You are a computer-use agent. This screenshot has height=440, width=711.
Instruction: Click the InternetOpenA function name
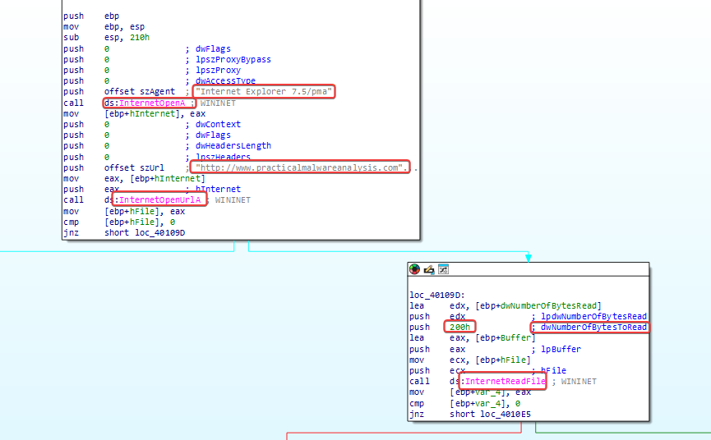pos(152,103)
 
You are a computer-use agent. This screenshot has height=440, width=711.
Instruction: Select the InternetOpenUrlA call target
pos(159,200)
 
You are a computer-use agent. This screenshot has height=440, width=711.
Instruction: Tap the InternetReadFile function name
pos(506,382)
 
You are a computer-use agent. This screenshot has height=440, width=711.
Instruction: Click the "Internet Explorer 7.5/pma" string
pos(264,92)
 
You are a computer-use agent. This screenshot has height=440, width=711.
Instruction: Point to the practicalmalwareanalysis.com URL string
pos(299,168)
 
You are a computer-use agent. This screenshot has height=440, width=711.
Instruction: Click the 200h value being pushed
pos(459,328)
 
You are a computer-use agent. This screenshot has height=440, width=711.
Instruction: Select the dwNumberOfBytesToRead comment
pos(593,328)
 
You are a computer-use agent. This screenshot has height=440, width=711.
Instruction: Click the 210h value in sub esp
pos(140,38)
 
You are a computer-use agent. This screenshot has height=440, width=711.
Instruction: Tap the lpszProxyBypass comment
pos(233,60)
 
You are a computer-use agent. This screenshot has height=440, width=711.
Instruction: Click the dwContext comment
pos(218,125)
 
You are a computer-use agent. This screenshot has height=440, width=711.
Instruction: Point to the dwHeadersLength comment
pos(233,146)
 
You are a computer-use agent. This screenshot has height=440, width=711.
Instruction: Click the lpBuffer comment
pos(561,350)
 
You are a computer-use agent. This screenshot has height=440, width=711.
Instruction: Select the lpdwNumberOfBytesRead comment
pos(593,316)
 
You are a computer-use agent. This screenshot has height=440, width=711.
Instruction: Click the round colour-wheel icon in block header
pos(414,269)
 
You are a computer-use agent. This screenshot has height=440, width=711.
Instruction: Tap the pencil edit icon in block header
pos(429,270)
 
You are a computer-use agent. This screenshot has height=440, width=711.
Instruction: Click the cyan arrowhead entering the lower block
pos(529,258)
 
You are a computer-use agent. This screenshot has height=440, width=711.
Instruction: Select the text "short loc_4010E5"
pos(490,415)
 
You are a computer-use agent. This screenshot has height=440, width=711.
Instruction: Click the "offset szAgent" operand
pos(140,92)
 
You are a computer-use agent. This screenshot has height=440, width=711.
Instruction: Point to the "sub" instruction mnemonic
pos(72,38)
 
